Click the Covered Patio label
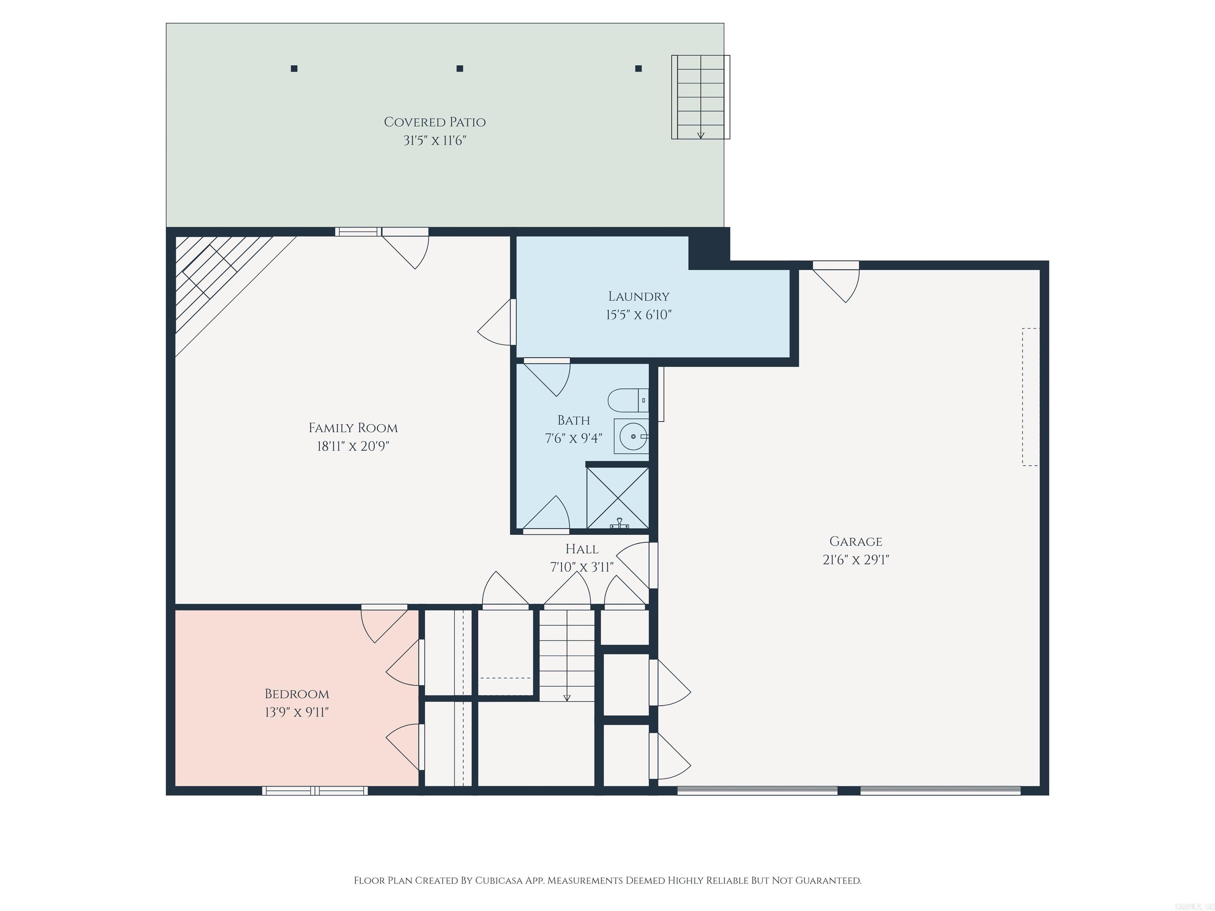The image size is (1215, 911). pos(435,122)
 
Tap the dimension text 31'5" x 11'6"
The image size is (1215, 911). pos(435,141)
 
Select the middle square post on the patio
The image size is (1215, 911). pos(460,69)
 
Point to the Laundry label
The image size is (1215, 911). pos(638,297)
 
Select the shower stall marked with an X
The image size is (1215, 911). pos(618,498)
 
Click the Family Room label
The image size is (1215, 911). pos(353,428)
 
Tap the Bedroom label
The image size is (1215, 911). pos(297,694)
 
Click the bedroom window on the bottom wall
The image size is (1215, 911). pos(315,791)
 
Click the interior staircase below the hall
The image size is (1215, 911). pos(566,656)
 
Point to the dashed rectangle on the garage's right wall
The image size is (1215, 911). pos(1030,397)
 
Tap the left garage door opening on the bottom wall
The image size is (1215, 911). pos(757,791)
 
